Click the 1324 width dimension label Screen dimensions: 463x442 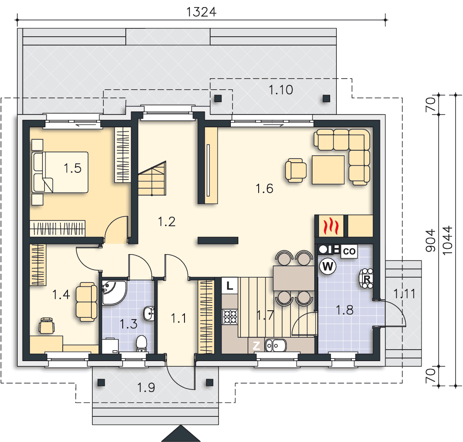[201, 12]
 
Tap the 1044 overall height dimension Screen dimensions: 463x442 [448, 240]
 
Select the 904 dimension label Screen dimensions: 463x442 [430, 240]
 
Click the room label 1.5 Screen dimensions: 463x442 [73, 168]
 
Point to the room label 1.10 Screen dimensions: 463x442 [281, 90]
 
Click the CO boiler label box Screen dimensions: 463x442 [349, 251]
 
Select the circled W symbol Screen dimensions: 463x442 [328, 266]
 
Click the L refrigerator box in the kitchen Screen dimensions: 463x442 [230, 286]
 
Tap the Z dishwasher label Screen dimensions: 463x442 [256, 345]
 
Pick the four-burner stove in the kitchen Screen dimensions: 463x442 [230, 316]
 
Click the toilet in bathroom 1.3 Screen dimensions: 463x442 [142, 343]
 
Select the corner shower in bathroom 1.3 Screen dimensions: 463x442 [114, 293]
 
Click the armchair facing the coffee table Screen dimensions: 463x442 [296, 170]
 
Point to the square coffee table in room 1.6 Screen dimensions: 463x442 [328, 170]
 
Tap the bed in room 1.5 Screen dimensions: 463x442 [60, 172]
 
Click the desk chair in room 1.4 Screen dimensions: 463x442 [47, 326]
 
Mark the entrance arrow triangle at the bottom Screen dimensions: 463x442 [181, 434]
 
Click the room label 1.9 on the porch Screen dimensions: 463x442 [146, 387]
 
